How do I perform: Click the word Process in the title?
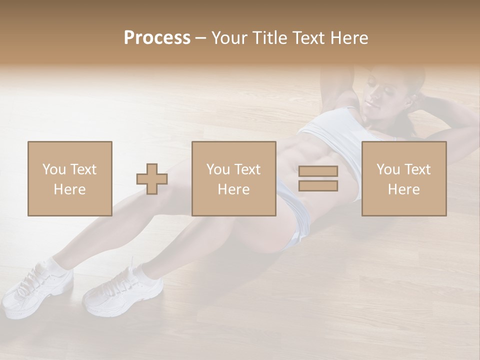pyautogui.click(x=157, y=38)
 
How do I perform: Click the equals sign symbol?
pyautogui.click(x=318, y=178)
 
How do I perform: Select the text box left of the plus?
pyautogui.click(x=69, y=178)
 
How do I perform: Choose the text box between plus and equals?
pyautogui.click(x=233, y=178)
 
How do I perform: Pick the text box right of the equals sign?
pyautogui.click(x=403, y=178)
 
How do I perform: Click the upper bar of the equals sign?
pyautogui.click(x=318, y=171)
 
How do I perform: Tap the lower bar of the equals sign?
pyautogui.click(x=318, y=185)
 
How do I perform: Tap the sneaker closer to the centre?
pyautogui.click(x=122, y=290)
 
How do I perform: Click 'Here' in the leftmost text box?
pyautogui.click(x=69, y=189)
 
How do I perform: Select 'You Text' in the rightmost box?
pyautogui.click(x=403, y=169)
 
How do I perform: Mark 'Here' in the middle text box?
pyautogui.click(x=233, y=189)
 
